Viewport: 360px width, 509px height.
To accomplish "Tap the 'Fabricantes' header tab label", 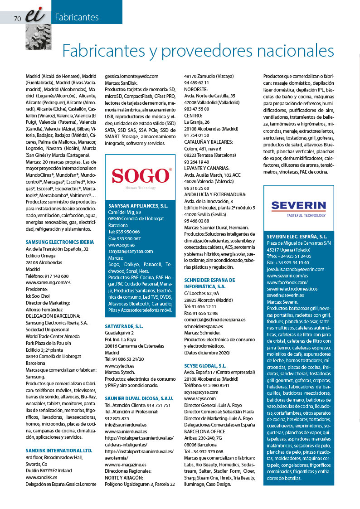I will point(77,18).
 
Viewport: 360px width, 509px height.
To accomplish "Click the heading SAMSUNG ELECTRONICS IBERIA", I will point(60,242).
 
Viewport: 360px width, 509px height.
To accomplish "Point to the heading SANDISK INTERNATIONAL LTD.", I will point(59,451).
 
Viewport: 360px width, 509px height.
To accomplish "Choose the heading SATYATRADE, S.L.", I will point(124,326).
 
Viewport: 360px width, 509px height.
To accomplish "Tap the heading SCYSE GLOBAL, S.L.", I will point(205,365).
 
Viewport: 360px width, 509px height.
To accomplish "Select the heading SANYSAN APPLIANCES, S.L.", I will point(138,205).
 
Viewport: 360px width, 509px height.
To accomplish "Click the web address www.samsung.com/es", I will point(48,282).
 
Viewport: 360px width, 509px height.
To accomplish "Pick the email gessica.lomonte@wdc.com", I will point(131,77).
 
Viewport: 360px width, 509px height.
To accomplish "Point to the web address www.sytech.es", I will point(119,365).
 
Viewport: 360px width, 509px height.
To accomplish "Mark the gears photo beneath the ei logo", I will point(35,36).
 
